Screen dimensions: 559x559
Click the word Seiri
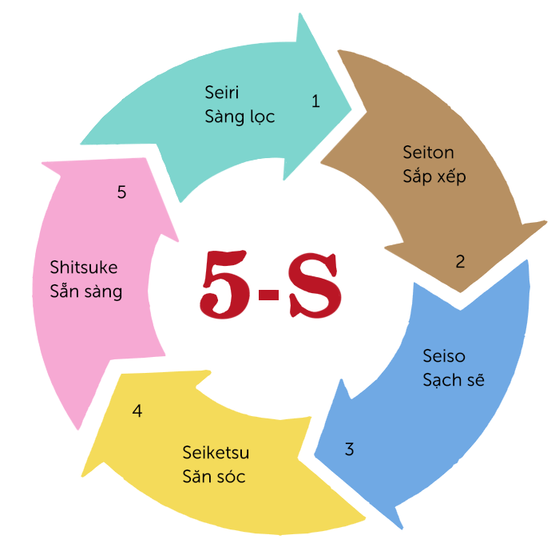[221, 92]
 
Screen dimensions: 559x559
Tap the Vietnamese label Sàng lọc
[240, 117]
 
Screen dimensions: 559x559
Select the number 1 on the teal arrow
[315, 101]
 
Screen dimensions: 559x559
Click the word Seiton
[428, 153]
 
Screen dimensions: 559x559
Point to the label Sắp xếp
[434, 176]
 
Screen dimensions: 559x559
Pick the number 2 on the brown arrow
[460, 261]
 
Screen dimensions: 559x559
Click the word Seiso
[444, 356]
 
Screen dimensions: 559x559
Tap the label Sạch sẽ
[454, 379]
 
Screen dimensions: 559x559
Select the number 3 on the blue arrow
[350, 449]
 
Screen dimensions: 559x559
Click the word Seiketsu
[216, 453]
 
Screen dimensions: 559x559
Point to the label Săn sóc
[214, 476]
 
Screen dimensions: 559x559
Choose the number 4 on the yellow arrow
[137, 410]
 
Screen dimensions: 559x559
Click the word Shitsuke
[83, 267]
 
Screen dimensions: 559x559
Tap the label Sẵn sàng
[86, 290]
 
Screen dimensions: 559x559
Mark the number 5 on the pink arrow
[121, 192]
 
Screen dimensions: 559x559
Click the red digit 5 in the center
[224, 284]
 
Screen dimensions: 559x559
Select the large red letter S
[315, 285]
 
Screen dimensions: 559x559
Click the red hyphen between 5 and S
[268, 295]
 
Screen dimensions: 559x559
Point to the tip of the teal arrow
[351, 109]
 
